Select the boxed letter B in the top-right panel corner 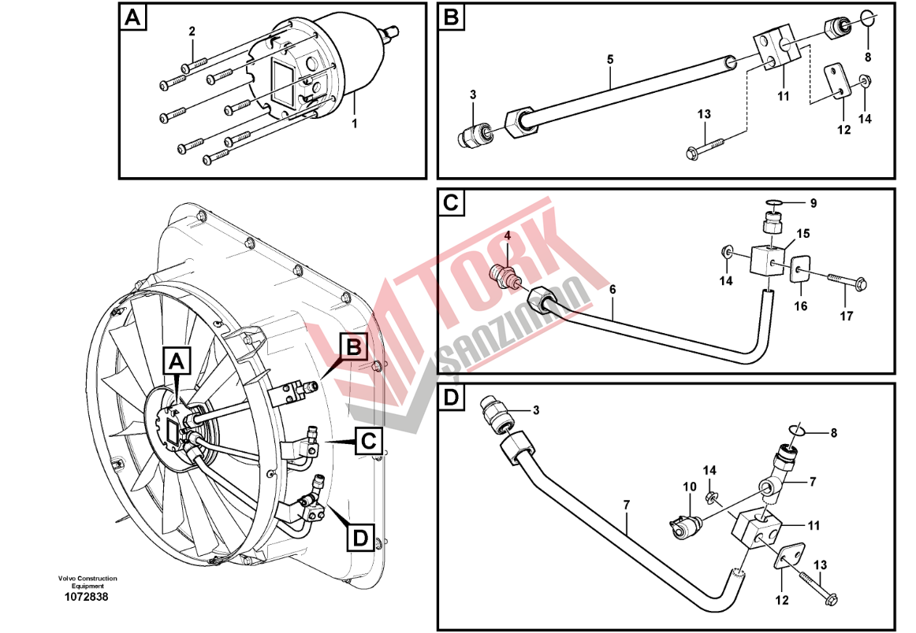coord(452,17)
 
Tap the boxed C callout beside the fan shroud coord(367,442)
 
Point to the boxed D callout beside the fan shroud coord(359,539)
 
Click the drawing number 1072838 coord(87,597)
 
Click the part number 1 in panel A coord(354,124)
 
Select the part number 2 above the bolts coord(191,31)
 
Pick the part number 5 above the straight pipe coord(609,59)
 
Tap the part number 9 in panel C coord(814,203)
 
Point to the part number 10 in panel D coord(690,487)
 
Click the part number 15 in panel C coord(802,234)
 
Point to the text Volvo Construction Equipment coord(87,582)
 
